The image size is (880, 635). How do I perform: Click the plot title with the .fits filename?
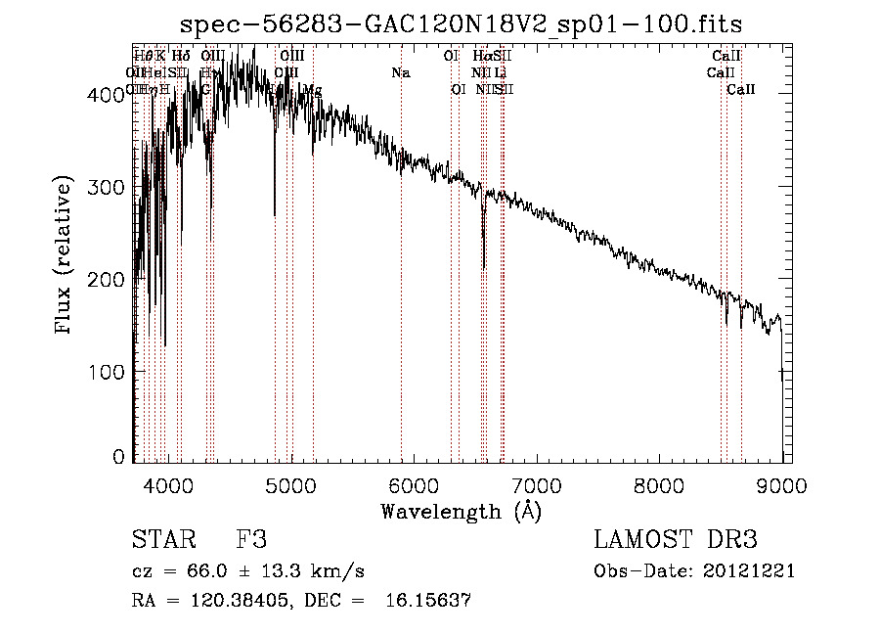point(462,26)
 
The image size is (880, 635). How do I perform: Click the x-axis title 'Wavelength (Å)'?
point(462,511)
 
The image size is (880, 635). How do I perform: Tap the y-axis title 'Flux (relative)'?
point(65,257)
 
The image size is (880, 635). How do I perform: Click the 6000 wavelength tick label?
point(415,484)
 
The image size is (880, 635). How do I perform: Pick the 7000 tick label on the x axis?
point(538,484)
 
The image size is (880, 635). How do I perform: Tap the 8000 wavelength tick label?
point(661,484)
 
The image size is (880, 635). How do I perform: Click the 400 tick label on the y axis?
point(109,95)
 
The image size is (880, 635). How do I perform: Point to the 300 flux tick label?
point(109,187)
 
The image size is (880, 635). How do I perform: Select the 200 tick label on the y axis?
point(109,280)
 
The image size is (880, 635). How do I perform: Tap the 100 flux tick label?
point(109,372)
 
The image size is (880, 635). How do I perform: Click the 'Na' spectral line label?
point(401,72)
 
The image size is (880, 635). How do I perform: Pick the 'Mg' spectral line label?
point(313,90)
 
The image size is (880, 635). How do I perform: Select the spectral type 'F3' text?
point(251,540)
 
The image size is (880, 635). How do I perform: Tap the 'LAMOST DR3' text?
point(675,540)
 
